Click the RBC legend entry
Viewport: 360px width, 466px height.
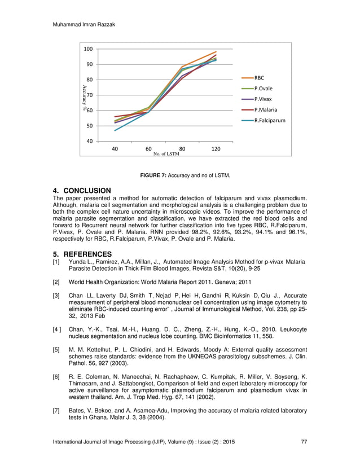[259, 78]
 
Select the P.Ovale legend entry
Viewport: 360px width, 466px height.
[262, 89]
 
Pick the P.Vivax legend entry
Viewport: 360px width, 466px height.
[262, 99]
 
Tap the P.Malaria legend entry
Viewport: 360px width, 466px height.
[265, 110]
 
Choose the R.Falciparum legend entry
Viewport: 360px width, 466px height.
[269, 120]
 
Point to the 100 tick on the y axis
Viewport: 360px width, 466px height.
[87, 49]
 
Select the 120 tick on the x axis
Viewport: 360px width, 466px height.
[216, 148]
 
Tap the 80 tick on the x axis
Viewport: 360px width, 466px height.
[182, 148]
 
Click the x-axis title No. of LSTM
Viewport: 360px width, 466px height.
[166, 153]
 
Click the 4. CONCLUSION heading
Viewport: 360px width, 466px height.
[81, 191]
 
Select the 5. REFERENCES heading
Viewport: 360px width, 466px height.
[82, 254]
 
